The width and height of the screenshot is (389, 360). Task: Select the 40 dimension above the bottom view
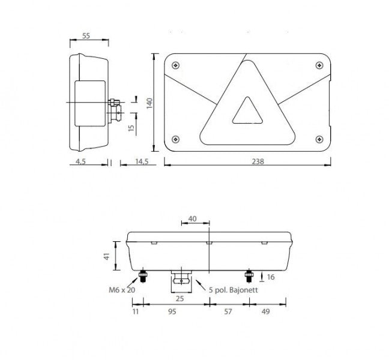tap(193, 219)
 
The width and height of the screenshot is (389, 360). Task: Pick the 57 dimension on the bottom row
tap(229, 312)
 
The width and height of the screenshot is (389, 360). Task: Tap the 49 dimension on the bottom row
tap(266, 312)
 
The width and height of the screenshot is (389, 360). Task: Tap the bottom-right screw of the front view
tap(318, 137)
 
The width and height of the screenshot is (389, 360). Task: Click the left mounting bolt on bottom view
tap(144, 277)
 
